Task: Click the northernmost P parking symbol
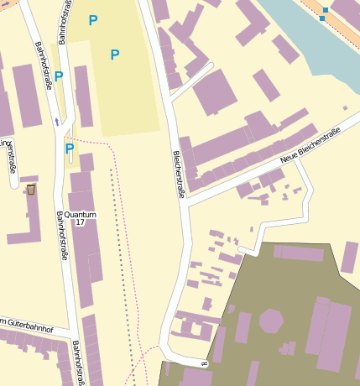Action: (x=93, y=20)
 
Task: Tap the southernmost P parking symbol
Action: (x=70, y=149)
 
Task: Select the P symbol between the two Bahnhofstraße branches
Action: (x=59, y=76)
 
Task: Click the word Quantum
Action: (x=80, y=215)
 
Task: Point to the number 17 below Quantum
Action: (x=80, y=223)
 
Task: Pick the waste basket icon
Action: (x=31, y=189)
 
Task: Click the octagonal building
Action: (x=271, y=321)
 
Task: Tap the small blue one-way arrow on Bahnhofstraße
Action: (x=56, y=122)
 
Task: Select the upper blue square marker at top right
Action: (x=326, y=10)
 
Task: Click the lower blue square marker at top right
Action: (x=321, y=18)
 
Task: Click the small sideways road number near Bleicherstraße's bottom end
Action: (x=204, y=363)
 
